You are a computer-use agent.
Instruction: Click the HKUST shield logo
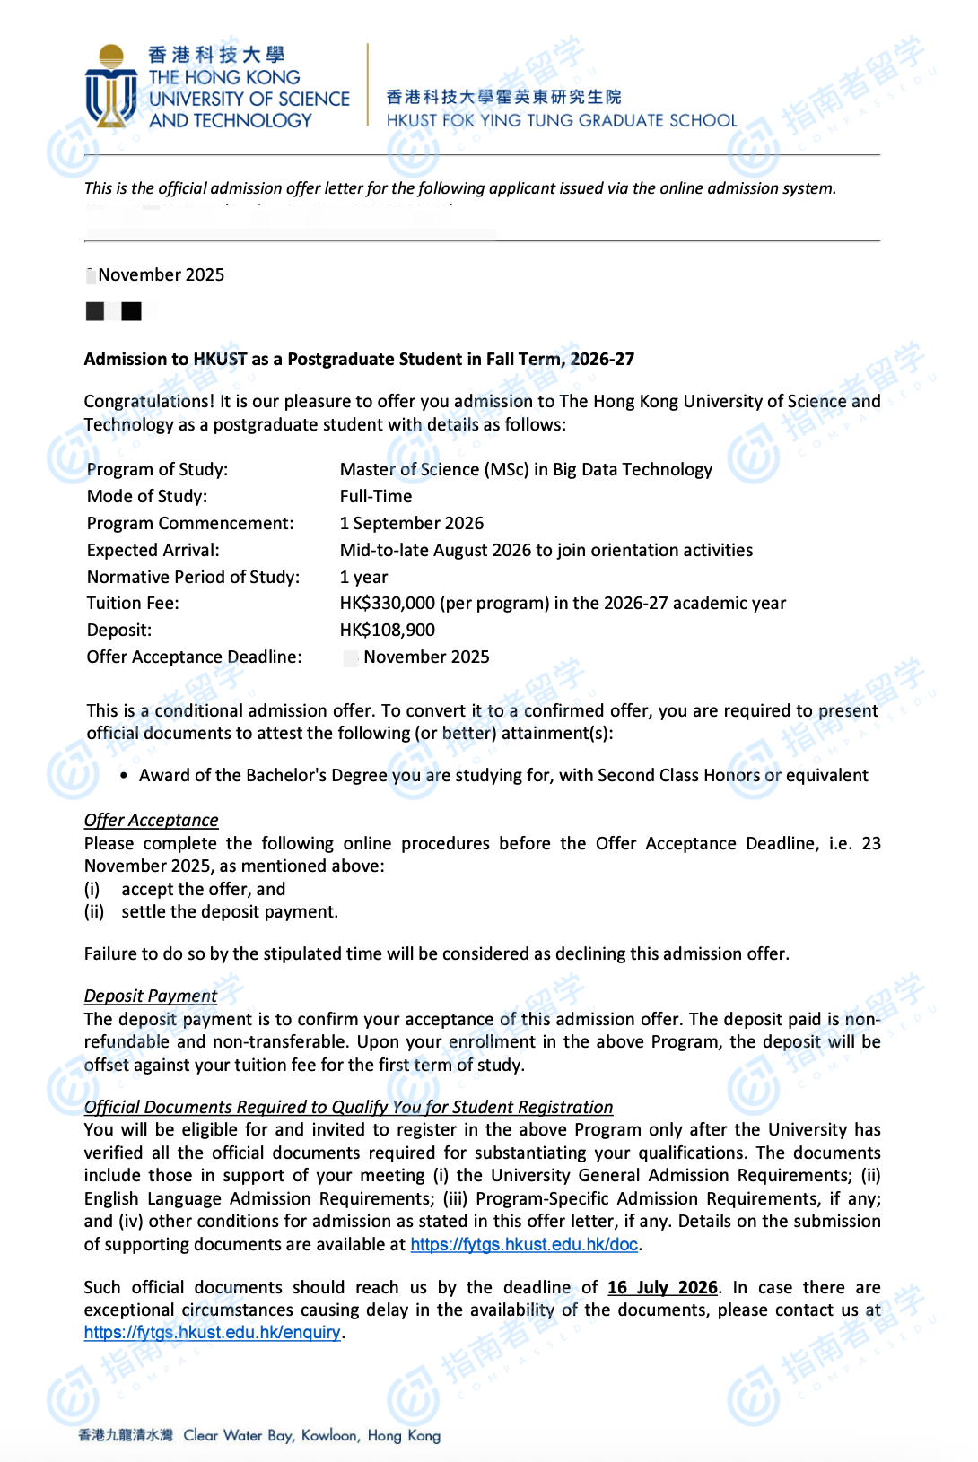click(x=111, y=87)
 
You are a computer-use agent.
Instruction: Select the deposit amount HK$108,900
click(x=388, y=631)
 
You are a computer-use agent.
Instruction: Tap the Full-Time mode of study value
click(x=376, y=497)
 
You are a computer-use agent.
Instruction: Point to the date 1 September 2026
click(x=412, y=524)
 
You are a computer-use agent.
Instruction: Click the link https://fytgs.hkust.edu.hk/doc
click(x=524, y=1245)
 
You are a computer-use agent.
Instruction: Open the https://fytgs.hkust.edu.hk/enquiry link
click(x=213, y=1333)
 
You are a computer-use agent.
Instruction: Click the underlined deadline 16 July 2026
click(x=662, y=1288)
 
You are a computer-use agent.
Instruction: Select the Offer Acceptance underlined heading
click(x=151, y=821)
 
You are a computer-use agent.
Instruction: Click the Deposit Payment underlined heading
click(x=151, y=996)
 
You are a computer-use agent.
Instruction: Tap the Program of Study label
click(x=157, y=470)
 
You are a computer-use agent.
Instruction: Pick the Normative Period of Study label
click(x=193, y=578)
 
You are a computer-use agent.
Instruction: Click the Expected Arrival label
click(x=153, y=551)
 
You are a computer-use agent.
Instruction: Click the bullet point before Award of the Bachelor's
click(x=123, y=776)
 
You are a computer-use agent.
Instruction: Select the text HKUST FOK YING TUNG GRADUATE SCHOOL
click(x=562, y=121)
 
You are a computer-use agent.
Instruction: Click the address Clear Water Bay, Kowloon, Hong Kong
click(x=311, y=1436)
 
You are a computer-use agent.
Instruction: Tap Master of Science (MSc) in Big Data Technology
click(x=526, y=470)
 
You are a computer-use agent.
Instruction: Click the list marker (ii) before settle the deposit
click(x=94, y=912)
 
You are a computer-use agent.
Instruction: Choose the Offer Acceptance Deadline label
click(x=194, y=657)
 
